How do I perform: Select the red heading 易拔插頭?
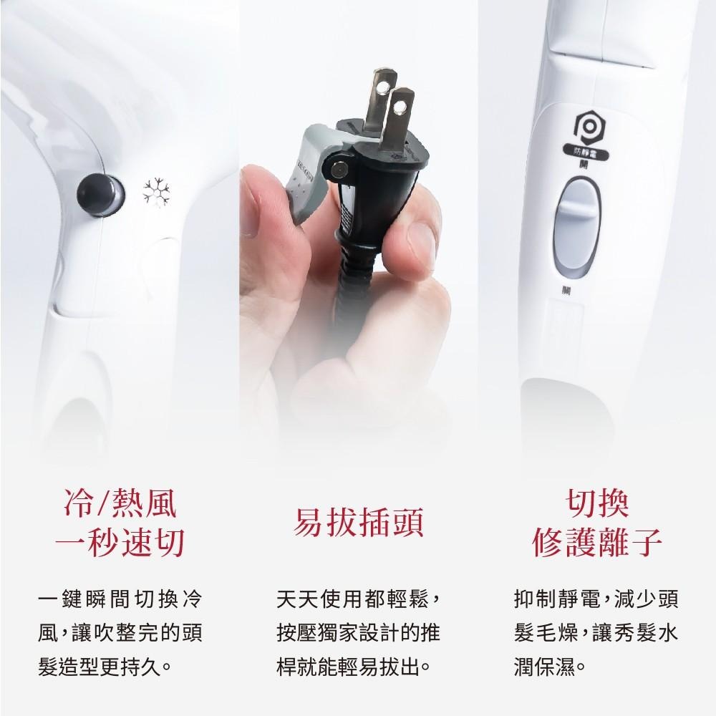(359, 523)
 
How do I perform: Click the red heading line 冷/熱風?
(120, 505)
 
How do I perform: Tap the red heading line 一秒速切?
(120, 544)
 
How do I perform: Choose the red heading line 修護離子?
(597, 544)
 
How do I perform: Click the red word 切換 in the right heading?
(597, 505)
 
